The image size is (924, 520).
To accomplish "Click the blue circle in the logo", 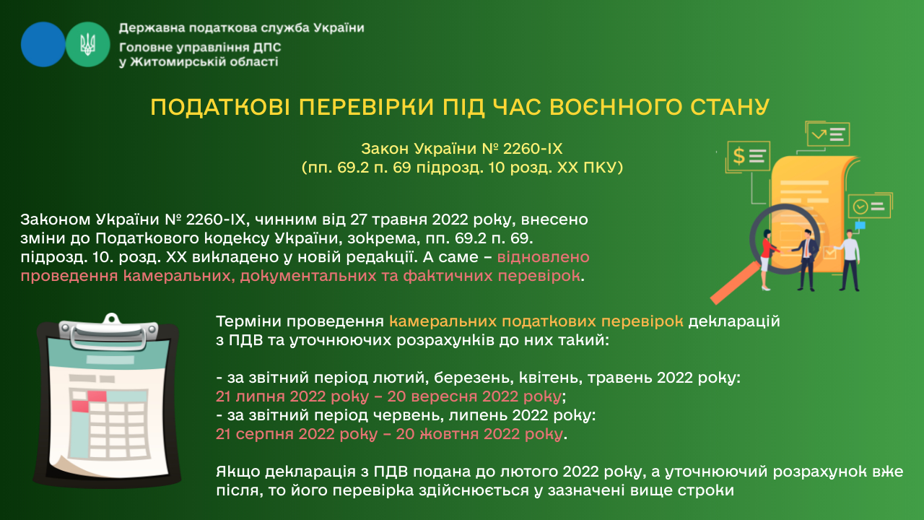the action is (43, 45).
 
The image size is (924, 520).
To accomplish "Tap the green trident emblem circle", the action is (88, 45).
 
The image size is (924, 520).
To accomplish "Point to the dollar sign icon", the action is (738, 156).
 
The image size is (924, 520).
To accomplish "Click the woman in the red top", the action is (767, 260).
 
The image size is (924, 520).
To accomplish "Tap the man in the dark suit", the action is (807, 260).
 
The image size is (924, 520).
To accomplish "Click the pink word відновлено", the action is (544, 257).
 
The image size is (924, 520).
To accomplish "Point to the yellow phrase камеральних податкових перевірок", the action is (536, 321).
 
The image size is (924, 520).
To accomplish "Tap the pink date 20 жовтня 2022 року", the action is (479, 434).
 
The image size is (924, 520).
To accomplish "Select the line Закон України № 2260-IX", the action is (461, 149).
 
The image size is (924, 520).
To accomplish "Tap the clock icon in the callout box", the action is (860, 207).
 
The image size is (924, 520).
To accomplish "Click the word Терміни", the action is (248, 321).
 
